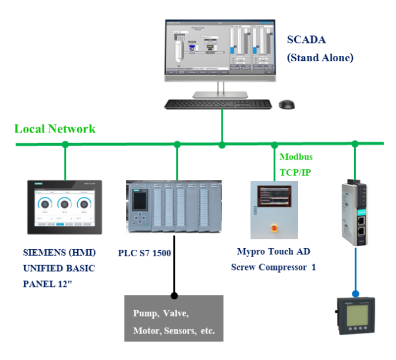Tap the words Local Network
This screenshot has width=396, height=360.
55,129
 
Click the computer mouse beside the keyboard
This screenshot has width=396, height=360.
286,105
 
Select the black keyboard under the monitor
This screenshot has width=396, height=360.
217,104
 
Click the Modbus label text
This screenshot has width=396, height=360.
296,157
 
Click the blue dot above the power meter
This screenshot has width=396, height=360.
355,293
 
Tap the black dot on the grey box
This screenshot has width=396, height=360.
174,296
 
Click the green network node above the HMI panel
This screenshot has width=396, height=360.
65,144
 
